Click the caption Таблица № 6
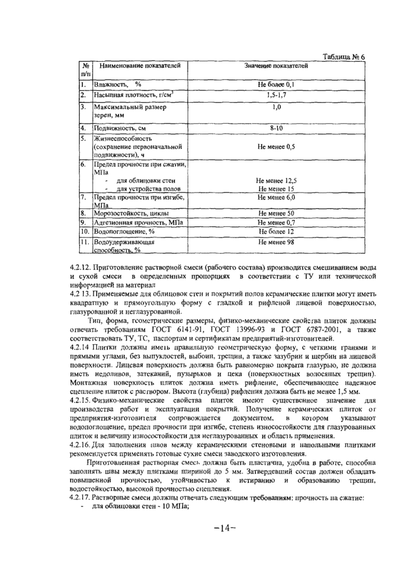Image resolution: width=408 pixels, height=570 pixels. pos(343,57)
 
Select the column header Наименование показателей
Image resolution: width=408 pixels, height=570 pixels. pos(139,67)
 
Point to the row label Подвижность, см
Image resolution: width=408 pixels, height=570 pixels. pos(122,127)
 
